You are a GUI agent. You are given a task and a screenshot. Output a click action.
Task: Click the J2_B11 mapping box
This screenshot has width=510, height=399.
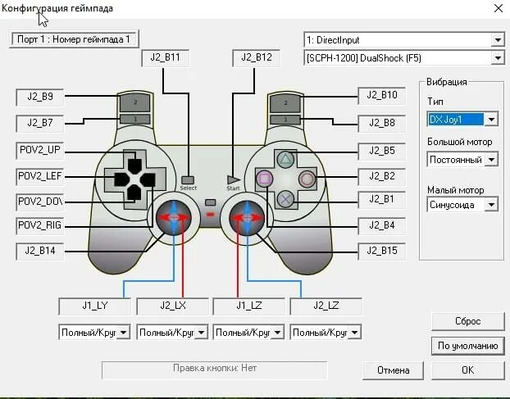166,58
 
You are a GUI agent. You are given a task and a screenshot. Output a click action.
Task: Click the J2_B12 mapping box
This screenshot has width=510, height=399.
257,58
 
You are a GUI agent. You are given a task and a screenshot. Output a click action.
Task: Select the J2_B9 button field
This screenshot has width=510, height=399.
40,96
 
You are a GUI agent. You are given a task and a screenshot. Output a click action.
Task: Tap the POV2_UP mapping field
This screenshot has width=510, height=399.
40,150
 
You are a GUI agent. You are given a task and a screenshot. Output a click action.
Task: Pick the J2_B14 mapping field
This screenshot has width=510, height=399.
40,251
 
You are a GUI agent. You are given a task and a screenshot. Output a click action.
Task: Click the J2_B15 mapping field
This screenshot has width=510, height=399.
382,251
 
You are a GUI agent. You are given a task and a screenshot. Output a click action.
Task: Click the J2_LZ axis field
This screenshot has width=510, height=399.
326,305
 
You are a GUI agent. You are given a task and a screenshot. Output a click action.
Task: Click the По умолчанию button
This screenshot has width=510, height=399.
467,346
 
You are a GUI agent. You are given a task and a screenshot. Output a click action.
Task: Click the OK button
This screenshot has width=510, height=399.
467,370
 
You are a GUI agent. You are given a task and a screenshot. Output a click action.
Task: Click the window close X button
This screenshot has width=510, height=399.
497,8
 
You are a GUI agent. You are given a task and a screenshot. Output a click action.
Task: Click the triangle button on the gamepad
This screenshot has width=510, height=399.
285,160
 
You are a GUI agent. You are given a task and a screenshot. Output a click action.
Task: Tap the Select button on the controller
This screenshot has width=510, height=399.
189,179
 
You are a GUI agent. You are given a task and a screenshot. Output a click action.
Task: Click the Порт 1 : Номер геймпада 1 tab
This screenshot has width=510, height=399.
74,39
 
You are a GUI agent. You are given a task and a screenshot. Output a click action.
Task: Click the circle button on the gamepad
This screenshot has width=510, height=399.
306,178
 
